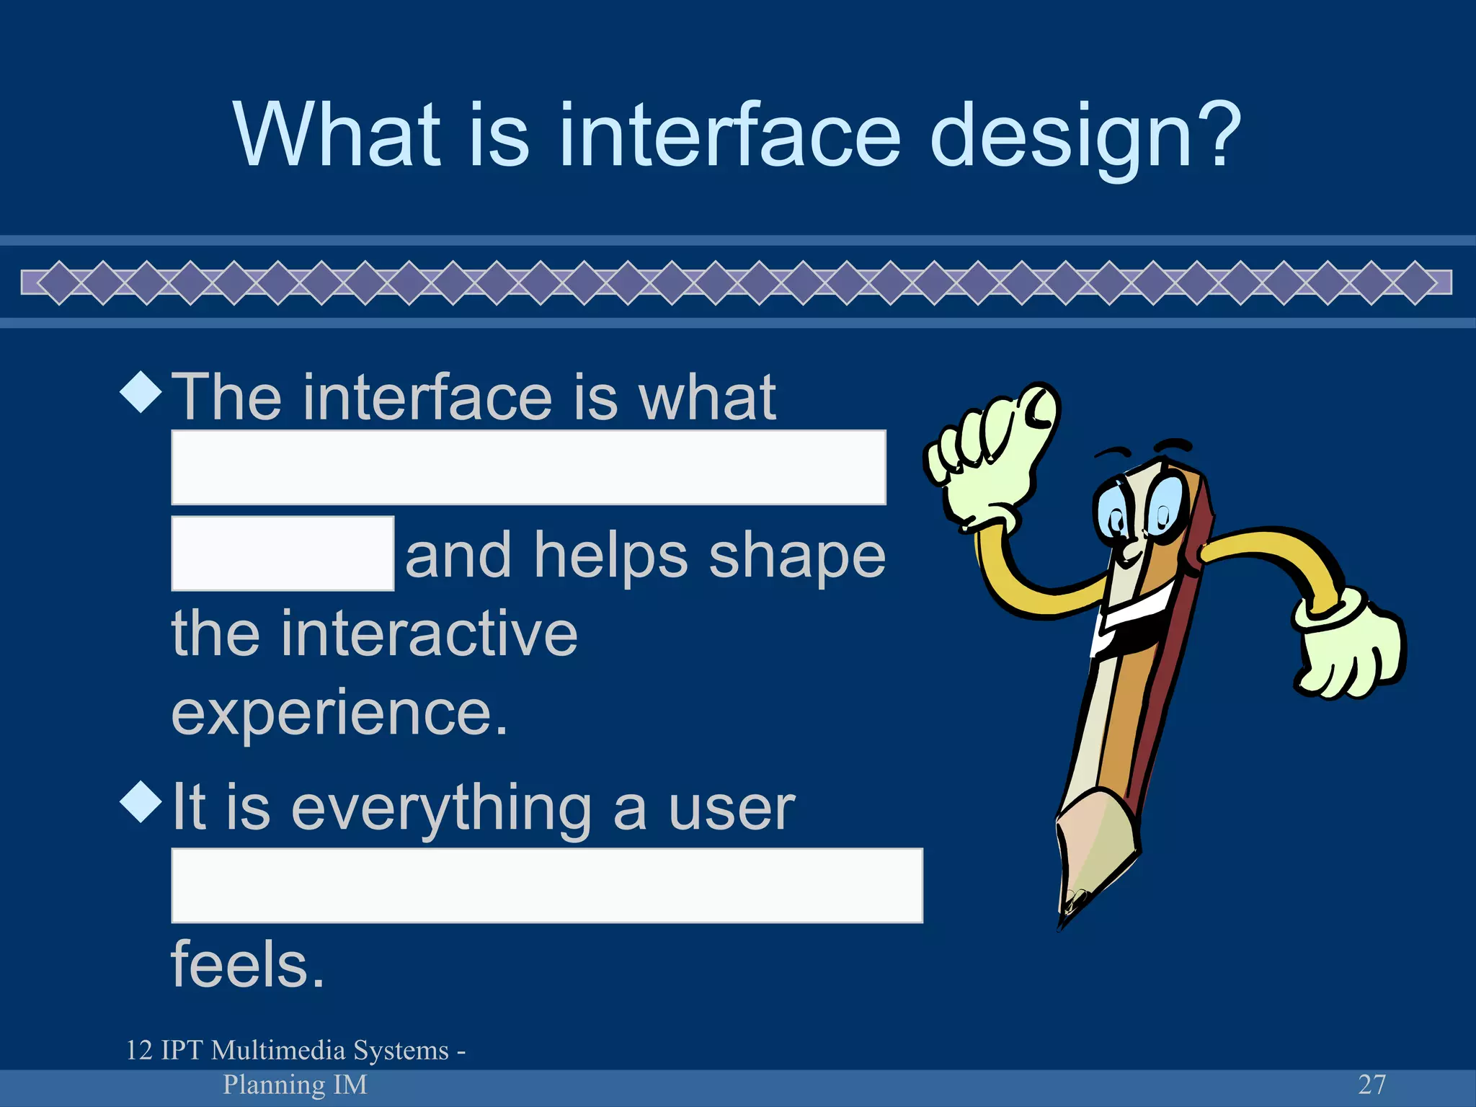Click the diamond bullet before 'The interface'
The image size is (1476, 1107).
point(141,392)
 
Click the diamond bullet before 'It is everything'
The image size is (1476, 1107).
point(141,801)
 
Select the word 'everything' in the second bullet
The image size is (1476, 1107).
point(441,809)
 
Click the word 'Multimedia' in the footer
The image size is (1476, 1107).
point(330,1051)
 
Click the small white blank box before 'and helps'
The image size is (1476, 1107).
point(283,553)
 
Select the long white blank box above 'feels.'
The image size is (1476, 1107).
point(546,885)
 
